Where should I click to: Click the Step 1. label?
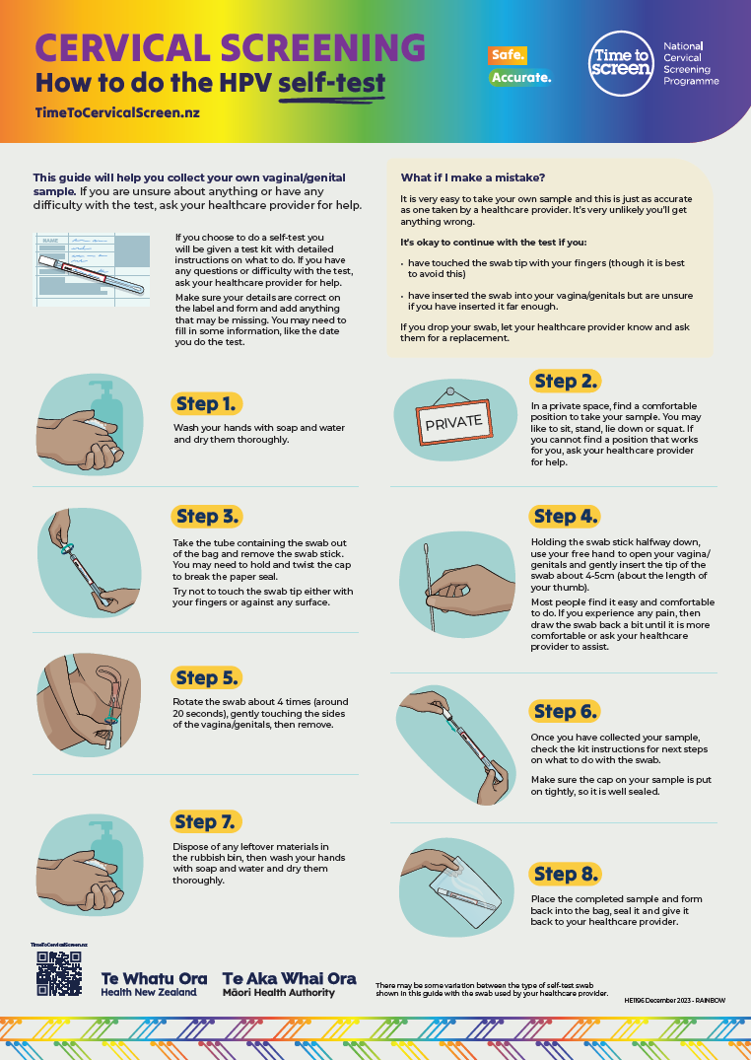coord(207,403)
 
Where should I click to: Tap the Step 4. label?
coord(565,516)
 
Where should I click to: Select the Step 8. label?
coord(565,874)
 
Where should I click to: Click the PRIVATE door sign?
coord(453,421)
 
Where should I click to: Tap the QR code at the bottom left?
coord(59,974)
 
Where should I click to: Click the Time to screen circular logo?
coord(621,63)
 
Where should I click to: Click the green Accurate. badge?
coord(519,77)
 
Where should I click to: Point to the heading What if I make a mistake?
coord(472,177)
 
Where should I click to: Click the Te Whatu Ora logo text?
coord(154,979)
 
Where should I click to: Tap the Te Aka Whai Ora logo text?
coord(289,979)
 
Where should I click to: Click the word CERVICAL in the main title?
coord(122,47)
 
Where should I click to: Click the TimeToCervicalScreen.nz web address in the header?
coord(116,113)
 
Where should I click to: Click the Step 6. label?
coord(565,711)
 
